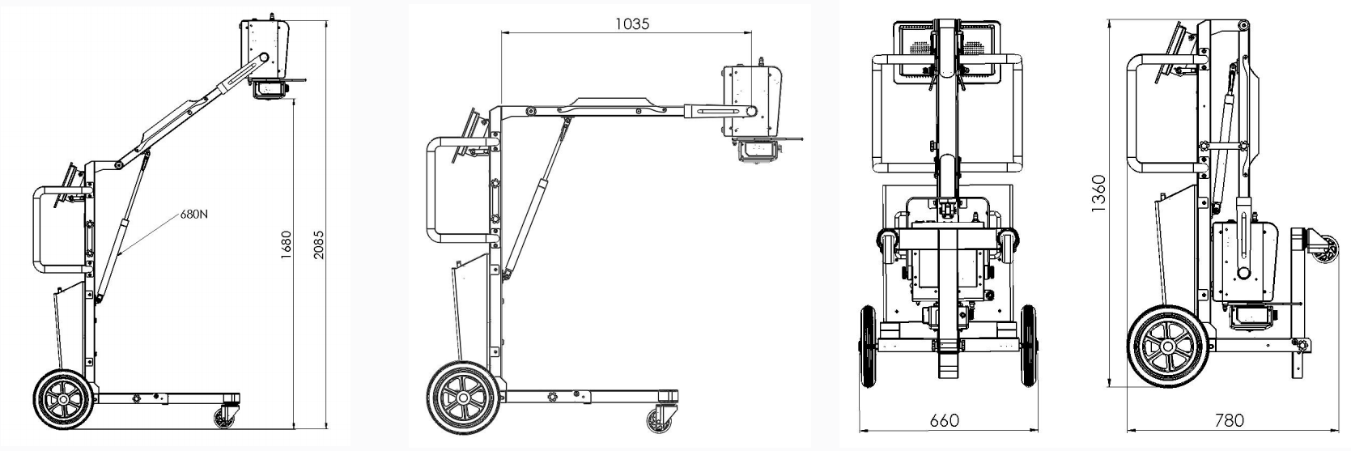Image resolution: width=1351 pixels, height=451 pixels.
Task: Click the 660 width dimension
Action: pyautogui.click(x=945, y=419)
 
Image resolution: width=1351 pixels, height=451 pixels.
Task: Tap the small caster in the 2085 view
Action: pyautogui.click(x=223, y=417)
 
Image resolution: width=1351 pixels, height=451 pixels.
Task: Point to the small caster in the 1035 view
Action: pyautogui.click(x=658, y=420)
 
